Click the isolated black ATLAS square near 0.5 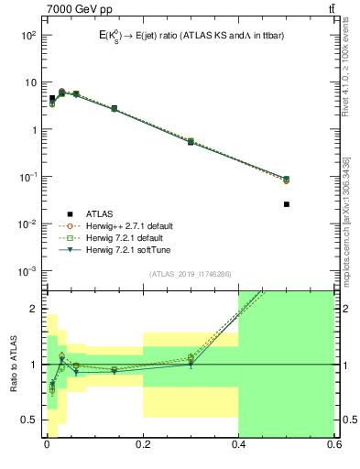point(287,204)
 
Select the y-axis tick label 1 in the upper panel point(34,129)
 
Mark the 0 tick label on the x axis point(47,446)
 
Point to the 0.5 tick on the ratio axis point(31,420)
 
